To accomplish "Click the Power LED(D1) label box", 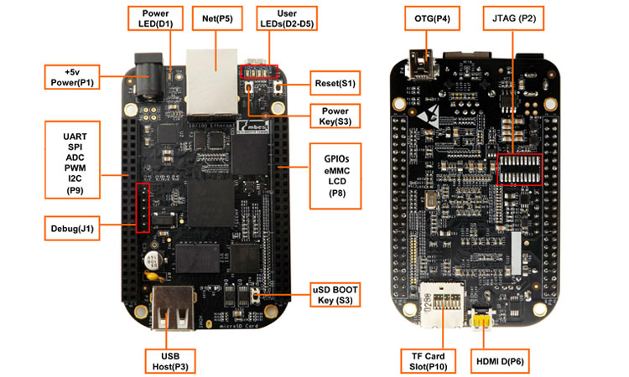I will coord(154,19).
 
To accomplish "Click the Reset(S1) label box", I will coord(335,84).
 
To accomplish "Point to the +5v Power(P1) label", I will coord(73,78).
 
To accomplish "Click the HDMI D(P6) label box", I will coord(503,361).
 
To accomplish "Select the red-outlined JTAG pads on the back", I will coord(521,170).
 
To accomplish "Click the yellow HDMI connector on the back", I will coord(481,322).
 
